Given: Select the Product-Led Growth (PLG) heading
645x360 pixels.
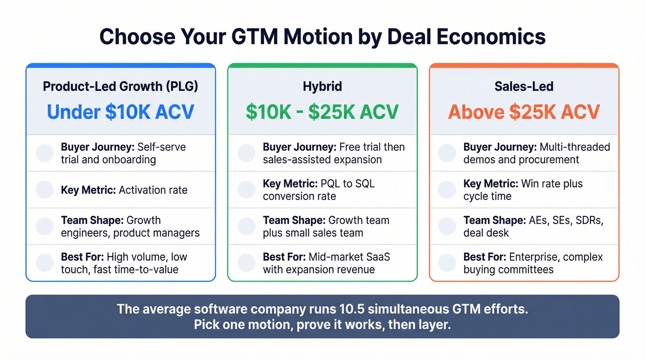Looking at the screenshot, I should (120, 86).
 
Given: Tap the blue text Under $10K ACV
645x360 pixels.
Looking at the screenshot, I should (120, 112).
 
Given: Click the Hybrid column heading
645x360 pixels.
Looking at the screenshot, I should (322, 86).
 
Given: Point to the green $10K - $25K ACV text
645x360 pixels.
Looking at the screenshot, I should (322, 112).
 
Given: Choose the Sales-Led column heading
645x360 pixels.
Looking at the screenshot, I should (524, 86).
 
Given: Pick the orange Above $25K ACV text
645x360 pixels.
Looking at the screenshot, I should (524, 112).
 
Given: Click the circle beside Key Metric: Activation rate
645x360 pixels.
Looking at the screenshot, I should (45, 189).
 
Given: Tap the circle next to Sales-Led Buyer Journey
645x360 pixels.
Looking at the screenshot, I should (447, 153).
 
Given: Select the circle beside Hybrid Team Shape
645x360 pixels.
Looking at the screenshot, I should (246, 226).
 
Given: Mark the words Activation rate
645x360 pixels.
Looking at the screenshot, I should (153, 190).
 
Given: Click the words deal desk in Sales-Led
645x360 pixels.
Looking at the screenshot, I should (486, 233).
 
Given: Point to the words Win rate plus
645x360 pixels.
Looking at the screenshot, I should (551, 183).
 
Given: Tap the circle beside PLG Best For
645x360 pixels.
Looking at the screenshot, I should (45, 262).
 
